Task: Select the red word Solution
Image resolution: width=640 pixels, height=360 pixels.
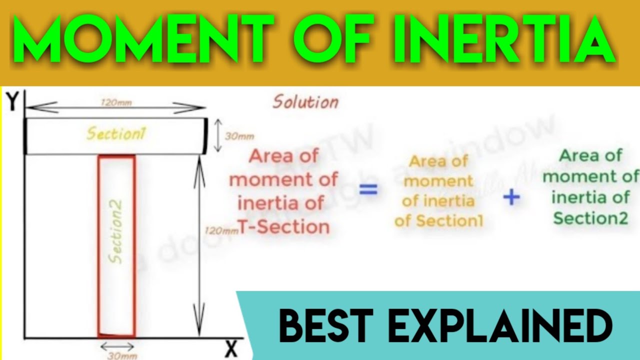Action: click(305, 102)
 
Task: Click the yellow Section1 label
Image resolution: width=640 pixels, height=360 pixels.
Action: click(116, 133)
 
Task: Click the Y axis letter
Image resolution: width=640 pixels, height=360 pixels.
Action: click(13, 102)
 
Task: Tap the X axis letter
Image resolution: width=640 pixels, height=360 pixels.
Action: click(230, 349)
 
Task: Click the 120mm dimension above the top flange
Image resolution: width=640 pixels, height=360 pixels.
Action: click(115, 102)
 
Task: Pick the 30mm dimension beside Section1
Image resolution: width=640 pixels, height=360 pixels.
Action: click(239, 136)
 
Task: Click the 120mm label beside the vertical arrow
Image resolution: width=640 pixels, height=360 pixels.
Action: click(220, 231)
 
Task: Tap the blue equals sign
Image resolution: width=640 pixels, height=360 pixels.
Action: click(368, 190)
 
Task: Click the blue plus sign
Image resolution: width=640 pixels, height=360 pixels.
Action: click(511, 197)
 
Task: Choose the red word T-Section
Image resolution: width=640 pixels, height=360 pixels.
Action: click(283, 227)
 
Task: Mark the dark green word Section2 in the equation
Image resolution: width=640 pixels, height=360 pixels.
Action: click(590, 218)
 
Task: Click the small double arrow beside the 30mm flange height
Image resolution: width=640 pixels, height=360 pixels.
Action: click(217, 135)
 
